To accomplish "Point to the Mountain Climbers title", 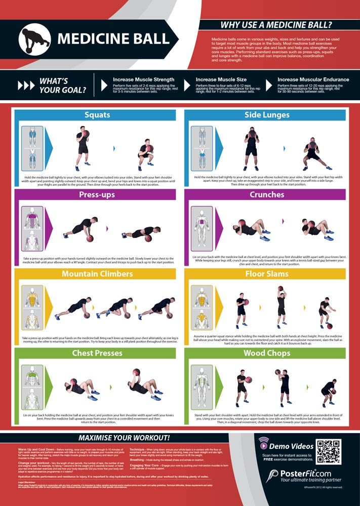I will pyautogui.click(x=97, y=274).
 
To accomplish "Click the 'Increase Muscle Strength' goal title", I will pyautogui.click(x=143, y=79).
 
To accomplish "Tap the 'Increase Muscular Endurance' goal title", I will pyautogui.click(x=313, y=79).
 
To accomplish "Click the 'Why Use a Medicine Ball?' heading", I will pyautogui.click(x=276, y=25).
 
